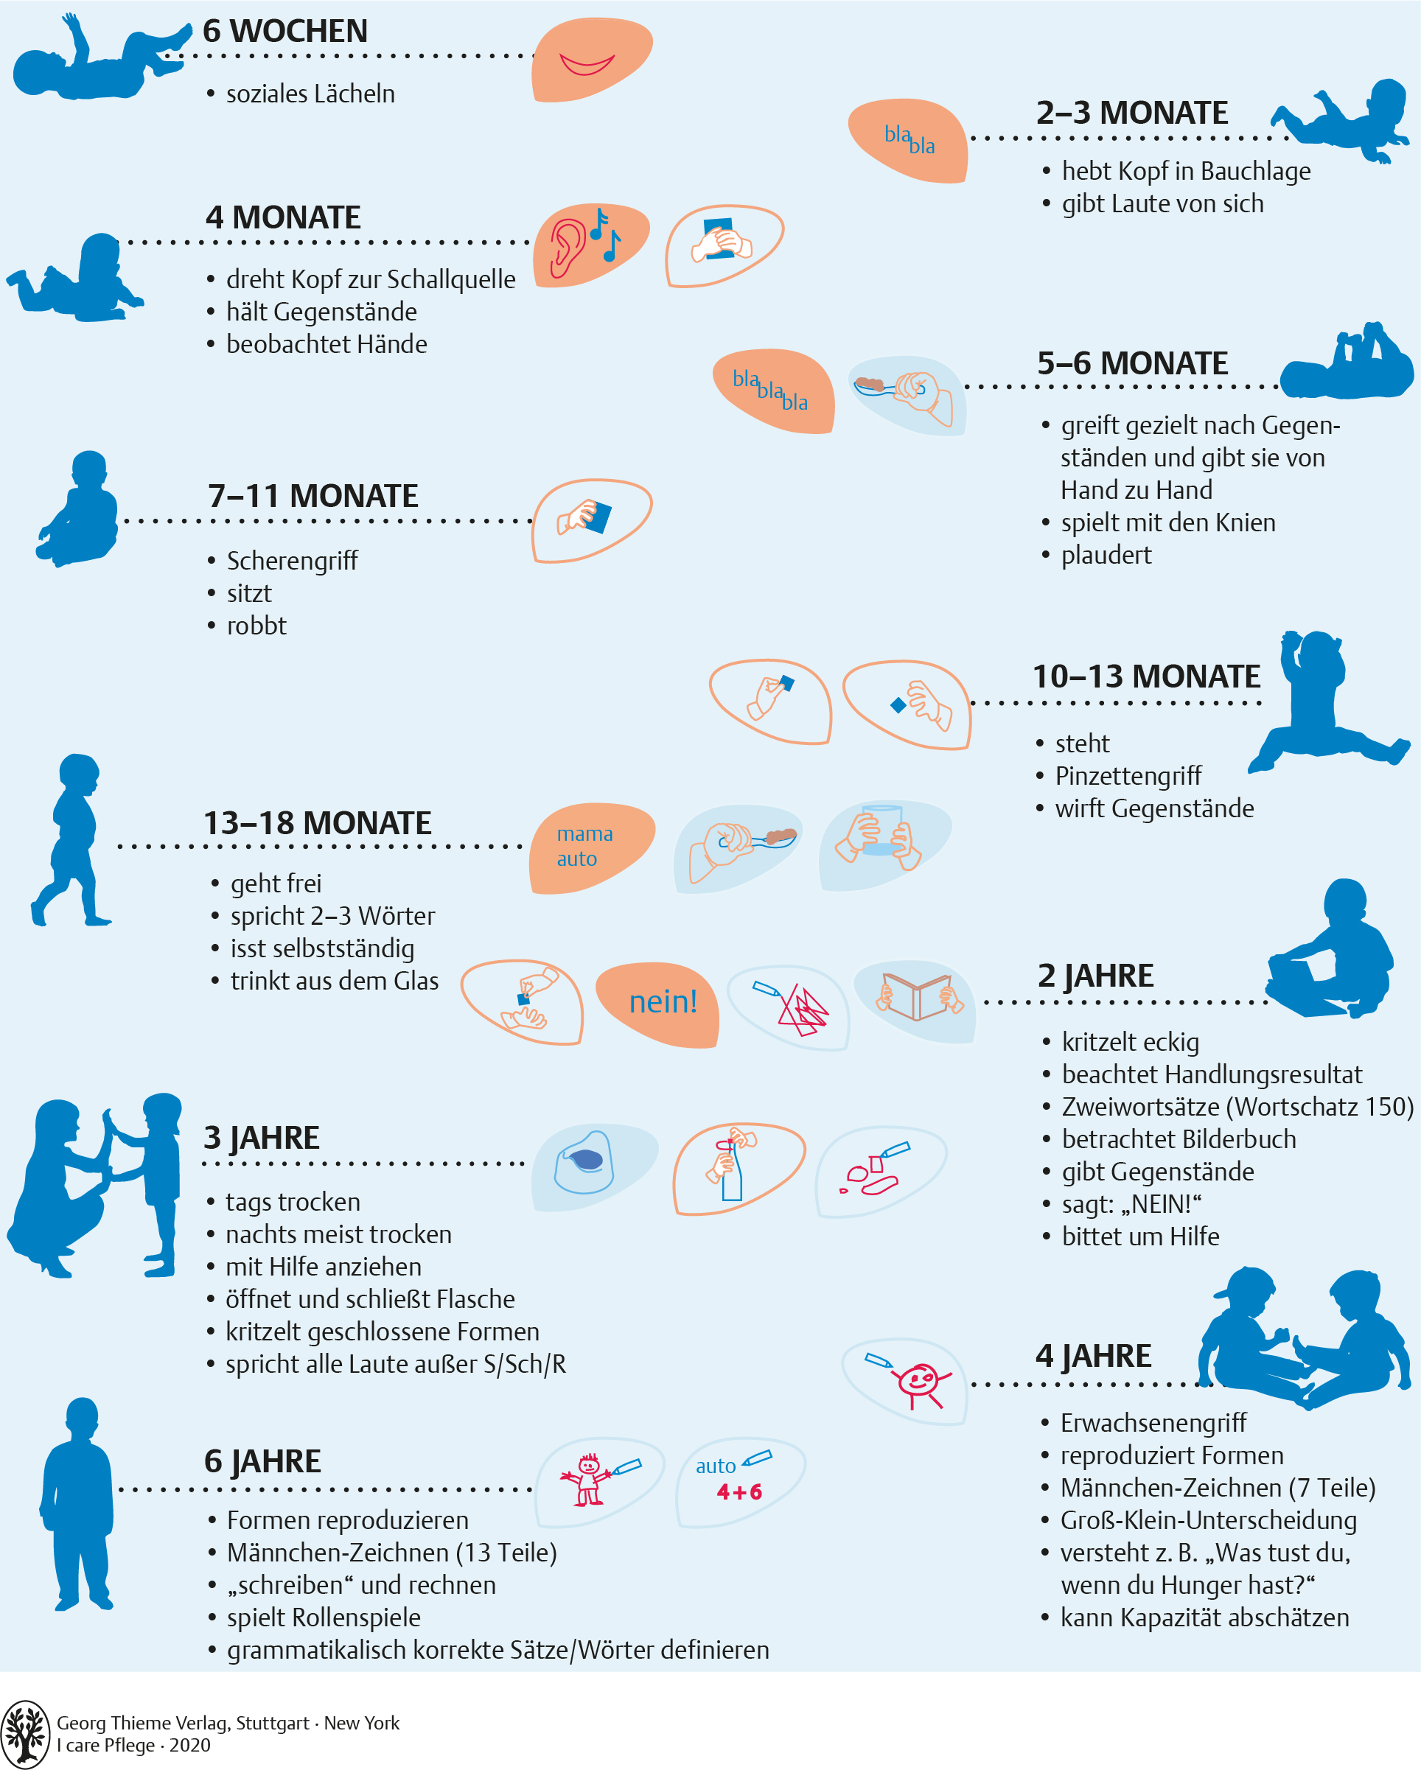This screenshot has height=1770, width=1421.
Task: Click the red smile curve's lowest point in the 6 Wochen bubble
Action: pyautogui.click(x=586, y=74)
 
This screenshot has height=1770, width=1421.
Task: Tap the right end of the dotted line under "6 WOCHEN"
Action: pyautogui.click(x=533, y=56)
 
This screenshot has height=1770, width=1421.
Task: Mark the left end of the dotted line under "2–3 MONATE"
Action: pyautogui.click(x=974, y=138)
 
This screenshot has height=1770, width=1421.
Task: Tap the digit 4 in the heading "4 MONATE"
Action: pyautogui.click(x=215, y=217)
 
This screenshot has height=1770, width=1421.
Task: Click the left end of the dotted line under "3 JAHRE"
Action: pyautogui.click(x=205, y=1164)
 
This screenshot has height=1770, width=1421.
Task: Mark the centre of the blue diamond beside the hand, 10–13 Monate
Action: pyautogui.click(x=898, y=704)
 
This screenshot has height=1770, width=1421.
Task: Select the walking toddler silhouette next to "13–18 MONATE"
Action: pyautogui.click(x=71, y=840)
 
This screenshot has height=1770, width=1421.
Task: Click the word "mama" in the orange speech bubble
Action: pyautogui.click(x=584, y=834)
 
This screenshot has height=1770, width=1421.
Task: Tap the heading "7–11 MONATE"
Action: pyautogui.click(x=313, y=496)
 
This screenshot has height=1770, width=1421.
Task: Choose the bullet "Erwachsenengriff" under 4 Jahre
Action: pyautogui.click(x=1153, y=1423)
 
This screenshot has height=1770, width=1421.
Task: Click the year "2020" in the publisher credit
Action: pyautogui.click(x=189, y=1744)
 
